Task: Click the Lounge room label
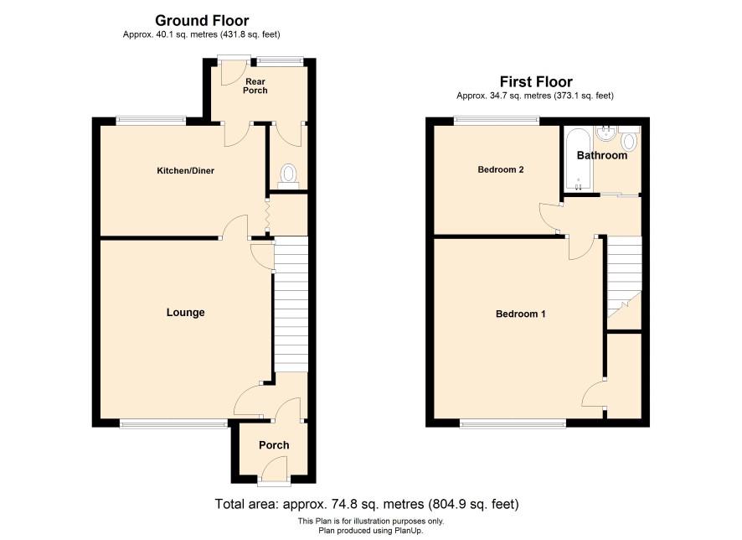pyautogui.click(x=186, y=312)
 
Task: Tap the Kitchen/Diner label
pyautogui.click(x=186, y=170)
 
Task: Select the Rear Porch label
pyautogui.click(x=255, y=86)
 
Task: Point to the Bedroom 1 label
pyautogui.click(x=521, y=314)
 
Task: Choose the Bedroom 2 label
pyautogui.click(x=501, y=169)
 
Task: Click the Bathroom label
pyautogui.click(x=602, y=155)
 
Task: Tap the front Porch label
pyautogui.click(x=274, y=444)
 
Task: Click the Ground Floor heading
pyautogui.click(x=202, y=20)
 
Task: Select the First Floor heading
pyautogui.click(x=536, y=81)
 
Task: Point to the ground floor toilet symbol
pyautogui.click(x=288, y=176)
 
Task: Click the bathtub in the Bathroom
pyautogui.click(x=578, y=159)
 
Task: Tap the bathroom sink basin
pyautogui.click(x=605, y=133)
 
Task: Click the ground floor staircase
pyautogui.click(x=291, y=304)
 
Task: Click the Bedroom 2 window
pyautogui.click(x=497, y=121)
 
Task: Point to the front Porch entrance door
pyautogui.click(x=275, y=471)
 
